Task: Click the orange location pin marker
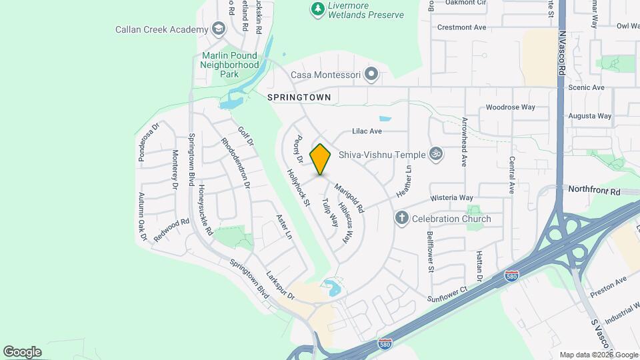320,159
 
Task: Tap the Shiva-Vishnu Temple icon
436,155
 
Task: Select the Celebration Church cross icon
401,218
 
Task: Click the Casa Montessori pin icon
371,75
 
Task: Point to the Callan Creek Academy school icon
218,29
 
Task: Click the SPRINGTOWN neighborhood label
299,97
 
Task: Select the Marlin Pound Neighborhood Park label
229,65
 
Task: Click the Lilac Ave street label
366,132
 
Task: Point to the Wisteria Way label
451,197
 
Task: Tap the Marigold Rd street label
349,198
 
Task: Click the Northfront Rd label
593,191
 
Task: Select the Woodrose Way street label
510,107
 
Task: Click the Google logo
22,352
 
